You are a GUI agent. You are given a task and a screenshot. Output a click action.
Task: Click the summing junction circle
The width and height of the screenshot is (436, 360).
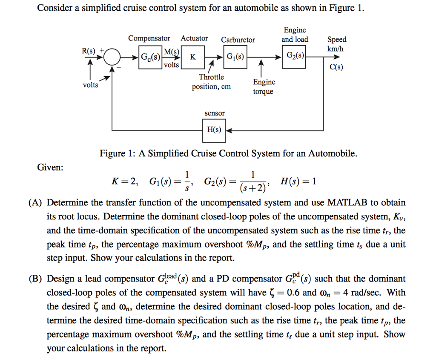click(112, 56)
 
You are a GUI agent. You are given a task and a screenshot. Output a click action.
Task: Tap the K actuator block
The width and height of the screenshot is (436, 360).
click(193, 57)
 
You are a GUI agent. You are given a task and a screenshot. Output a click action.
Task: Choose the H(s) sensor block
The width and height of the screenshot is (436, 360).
click(214, 130)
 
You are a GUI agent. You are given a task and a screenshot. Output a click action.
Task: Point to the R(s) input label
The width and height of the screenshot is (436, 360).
click(89, 50)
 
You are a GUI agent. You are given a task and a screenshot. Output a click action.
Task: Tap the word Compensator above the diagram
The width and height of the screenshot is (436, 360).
click(149, 38)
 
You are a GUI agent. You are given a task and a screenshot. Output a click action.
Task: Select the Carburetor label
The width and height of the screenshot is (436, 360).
click(238, 40)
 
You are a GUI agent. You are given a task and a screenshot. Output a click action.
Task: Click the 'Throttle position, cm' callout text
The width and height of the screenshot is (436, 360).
click(212, 82)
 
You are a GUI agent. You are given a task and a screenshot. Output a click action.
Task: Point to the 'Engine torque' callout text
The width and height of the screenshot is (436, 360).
click(264, 86)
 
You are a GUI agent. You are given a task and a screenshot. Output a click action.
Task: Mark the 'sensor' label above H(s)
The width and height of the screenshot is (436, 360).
click(215, 113)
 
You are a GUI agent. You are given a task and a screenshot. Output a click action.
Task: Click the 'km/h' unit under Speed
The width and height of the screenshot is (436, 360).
click(336, 49)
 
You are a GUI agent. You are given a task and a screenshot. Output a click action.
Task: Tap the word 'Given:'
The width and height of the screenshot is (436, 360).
click(50, 167)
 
